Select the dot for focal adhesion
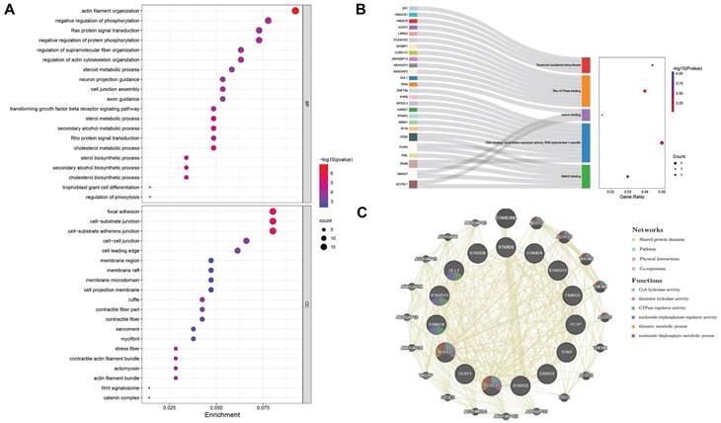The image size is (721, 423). click(274, 211)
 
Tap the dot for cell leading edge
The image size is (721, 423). click(237, 250)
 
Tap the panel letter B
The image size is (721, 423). click(360, 8)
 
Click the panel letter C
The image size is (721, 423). click(362, 212)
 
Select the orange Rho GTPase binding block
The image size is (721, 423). click(586, 91)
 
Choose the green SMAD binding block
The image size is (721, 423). click(586, 176)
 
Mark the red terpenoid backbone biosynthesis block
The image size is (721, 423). click(586, 64)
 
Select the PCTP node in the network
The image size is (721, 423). click(573, 323)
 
